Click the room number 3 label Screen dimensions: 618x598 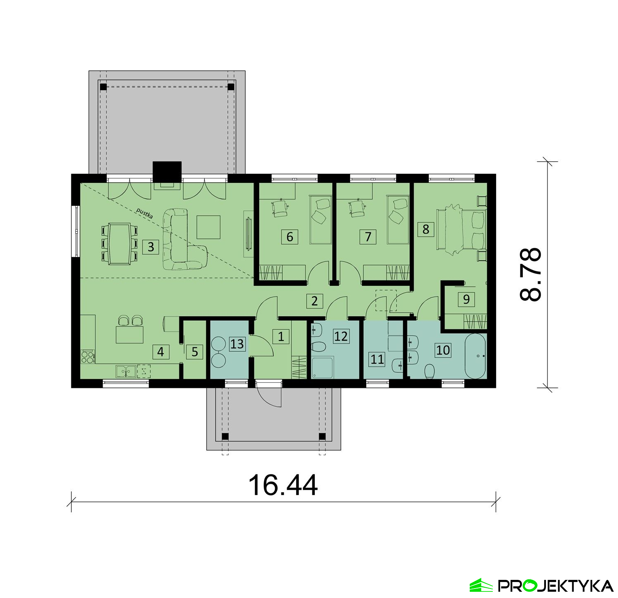point(151,247)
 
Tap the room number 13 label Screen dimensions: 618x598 point(237,344)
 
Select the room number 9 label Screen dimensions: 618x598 point(466,299)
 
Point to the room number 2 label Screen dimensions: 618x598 point(315,301)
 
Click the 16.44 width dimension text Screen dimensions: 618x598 point(283,485)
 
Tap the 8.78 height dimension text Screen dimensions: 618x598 point(530,274)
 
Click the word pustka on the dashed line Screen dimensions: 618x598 point(145,213)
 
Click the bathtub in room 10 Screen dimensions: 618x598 point(476,356)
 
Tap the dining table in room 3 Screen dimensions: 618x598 point(119,243)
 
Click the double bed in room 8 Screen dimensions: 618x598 point(461,229)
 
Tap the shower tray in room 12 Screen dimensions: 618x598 point(323,368)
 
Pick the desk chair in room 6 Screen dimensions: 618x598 point(281,209)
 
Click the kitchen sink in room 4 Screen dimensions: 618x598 point(126,371)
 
